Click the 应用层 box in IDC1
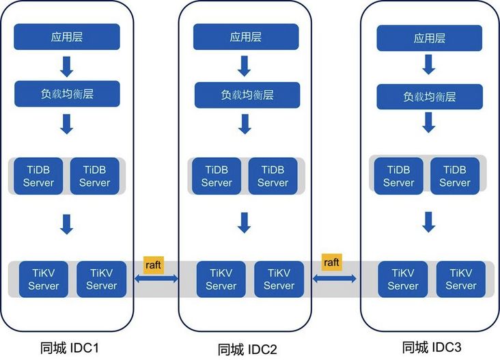click(67, 37)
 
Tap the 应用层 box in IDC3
click(428, 38)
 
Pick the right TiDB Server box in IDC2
click(273, 176)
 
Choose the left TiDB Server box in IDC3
click(399, 176)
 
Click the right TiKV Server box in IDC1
click(102, 279)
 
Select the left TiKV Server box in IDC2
click(221, 279)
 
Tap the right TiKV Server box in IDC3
click(461, 279)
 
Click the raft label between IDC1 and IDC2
click(154, 264)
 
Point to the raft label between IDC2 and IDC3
click(332, 262)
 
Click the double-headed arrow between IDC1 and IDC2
click(156, 278)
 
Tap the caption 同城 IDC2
click(247, 349)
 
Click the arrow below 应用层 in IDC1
click(67, 66)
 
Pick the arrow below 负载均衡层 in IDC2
click(243, 124)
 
